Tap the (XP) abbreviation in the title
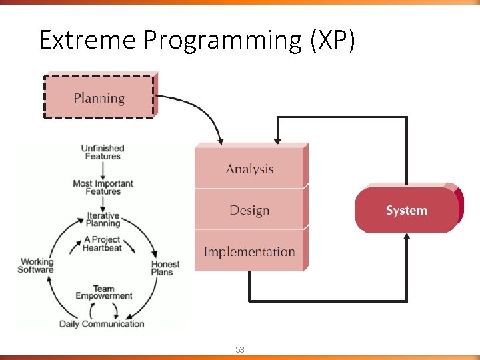tap(332, 40)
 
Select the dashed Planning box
tap(99, 97)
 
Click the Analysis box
tap(249, 169)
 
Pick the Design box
tap(249, 210)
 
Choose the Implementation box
tap(249, 251)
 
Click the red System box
tap(406, 211)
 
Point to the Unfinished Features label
tap(103, 152)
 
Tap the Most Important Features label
tap(103, 187)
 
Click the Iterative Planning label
tap(103, 220)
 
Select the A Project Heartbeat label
tap(102, 243)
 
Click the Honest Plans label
tap(165, 267)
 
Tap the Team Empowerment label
tap(103, 293)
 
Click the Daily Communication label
tap(101, 324)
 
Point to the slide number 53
tap(240, 349)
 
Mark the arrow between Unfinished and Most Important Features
tap(103, 169)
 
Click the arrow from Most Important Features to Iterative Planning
tap(103, 204)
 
